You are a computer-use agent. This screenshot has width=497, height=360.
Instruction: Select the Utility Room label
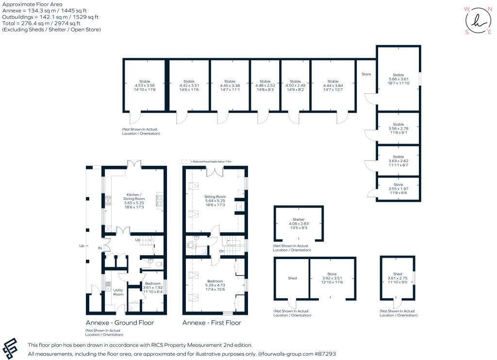[x=118, y=292]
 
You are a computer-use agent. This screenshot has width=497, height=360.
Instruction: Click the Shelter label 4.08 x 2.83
[x=298, y=223]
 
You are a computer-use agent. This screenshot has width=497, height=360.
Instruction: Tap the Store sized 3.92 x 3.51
[x=331, y=278]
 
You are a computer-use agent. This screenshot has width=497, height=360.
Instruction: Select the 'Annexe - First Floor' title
[x=212, y=323]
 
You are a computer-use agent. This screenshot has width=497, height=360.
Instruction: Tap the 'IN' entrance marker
[x=99, y=248]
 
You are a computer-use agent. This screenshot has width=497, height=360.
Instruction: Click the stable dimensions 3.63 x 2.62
[x=398, y=161]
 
